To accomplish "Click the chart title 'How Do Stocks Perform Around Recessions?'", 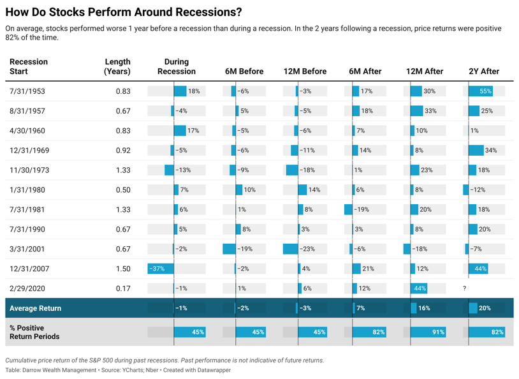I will click(x=123, y=12).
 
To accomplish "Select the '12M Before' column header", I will click(x=305, y=71).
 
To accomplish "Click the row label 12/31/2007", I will click(x=29, y=269).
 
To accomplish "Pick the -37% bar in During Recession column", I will click(x=160, y=269).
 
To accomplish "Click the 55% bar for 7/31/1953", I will click(x=481, y=91).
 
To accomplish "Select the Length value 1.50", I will click(x=123, y=269).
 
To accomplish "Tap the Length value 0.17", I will click(x=123, y=289).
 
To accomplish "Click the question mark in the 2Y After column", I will click(x=464, y=289).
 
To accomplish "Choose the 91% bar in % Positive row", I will click(x=428, y=332).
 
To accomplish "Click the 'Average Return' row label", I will click(x=36, y=308).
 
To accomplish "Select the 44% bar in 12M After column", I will click(x=419, y=289).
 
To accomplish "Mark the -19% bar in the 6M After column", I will click(x=348, y=210).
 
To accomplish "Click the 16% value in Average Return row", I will click(x=424, y=308).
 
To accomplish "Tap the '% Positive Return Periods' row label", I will click(x=34, y=332).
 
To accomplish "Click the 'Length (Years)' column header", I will click(x=117, y=66).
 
